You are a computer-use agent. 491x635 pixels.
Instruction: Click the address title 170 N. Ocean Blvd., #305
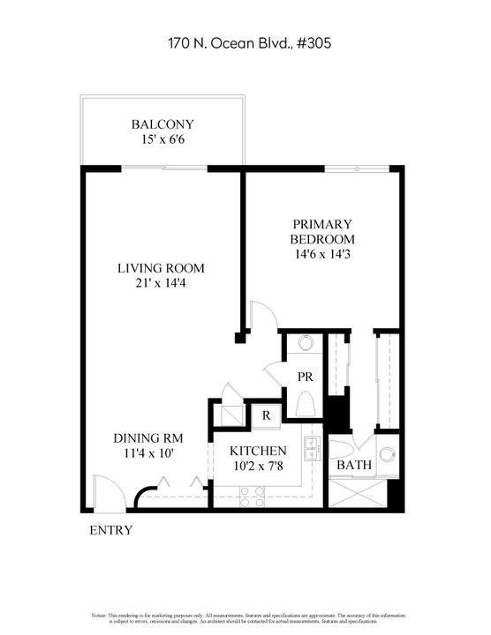pyautogui.click(x=245, y=41)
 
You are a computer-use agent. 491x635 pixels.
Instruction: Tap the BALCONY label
pyautogui.click(x=162, y=124)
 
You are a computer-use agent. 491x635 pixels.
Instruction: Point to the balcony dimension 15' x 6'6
pyautogui.click(x=162, y=140)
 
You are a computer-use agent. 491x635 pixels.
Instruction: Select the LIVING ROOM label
pyautogui.click(x=162, y=268)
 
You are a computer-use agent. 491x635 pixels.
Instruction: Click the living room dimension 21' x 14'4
pyautogui.click(x=162, y=285)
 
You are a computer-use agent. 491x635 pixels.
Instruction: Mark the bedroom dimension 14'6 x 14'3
pyautogui.click(x=323, y=255)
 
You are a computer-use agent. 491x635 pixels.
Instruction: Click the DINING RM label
pyautogui.click(x=148, y=437)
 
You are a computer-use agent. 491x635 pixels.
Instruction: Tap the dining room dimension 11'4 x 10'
pyautogui.click(x=148, y=454)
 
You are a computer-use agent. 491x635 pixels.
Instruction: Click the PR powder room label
pyautogui.click(x=306, y=376)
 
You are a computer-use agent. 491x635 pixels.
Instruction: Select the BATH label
pyautogui.click(x=352, y=465)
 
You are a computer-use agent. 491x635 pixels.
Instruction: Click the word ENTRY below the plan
pyautogui.click(x=112, y=530)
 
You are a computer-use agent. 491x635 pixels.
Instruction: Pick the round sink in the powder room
pyautogui.click(x=306, y=344)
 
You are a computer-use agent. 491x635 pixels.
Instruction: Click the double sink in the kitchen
pyautogui.click(x=311, y=450)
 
